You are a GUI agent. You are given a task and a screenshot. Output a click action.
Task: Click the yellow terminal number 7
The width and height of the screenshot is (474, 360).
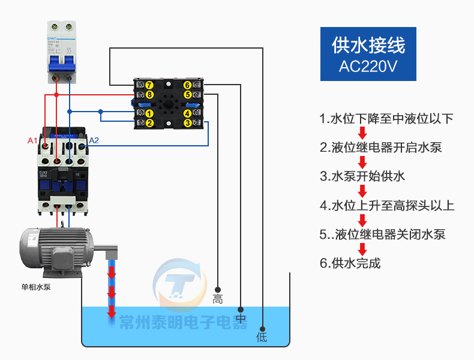click(x=149, y=85)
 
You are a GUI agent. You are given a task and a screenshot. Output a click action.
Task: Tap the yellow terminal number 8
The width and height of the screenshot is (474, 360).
click(x=149, y=95)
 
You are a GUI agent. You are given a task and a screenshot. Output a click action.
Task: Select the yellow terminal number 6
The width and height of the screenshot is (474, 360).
click(x=188, y=85)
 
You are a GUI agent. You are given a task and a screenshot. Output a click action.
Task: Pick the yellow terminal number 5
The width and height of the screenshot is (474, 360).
click(x=188, y=95)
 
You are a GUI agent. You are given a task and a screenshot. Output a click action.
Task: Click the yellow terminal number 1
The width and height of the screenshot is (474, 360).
click(x=149, y=113)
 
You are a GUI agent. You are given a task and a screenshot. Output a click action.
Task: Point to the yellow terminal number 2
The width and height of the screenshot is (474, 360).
click(x=149, y=123)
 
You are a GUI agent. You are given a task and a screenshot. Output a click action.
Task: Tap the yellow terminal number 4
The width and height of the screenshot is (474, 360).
click(x=188, y=113)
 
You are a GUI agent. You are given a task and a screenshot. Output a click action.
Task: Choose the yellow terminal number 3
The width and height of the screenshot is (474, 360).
click(x=188, y=123)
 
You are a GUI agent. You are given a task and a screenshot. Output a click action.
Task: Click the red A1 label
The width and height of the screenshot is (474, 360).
click(x=33, y=141)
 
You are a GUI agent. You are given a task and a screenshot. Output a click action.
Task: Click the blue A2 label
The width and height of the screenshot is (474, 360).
click(x=94, y=141)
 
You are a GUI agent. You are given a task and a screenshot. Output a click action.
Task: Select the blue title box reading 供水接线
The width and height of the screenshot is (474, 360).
click(x=368, y=53)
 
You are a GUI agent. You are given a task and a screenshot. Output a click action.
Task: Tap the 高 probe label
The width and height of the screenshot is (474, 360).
click(x=218, y=299)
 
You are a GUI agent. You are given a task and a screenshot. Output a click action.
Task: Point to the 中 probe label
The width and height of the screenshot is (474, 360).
click(x=241, y=318)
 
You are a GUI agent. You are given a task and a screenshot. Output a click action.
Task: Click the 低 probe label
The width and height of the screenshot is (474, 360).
click(x=262, y=337)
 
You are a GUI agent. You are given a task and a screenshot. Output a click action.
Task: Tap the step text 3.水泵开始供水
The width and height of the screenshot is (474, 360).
click(x=362, y=176)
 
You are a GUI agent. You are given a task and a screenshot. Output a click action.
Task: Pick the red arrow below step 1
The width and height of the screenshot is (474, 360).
click(x=362, y=133)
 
